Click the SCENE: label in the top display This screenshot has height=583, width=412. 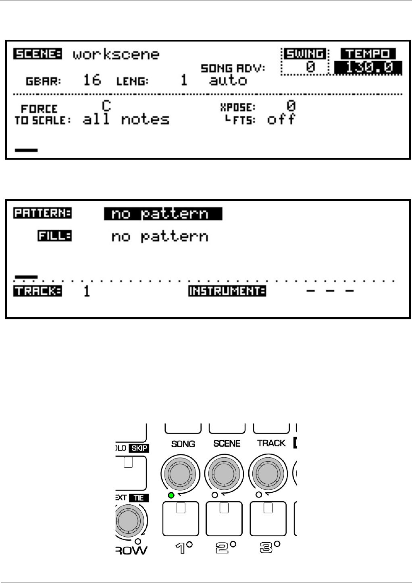(37, 54)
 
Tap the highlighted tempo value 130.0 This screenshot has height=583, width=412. (368, 68)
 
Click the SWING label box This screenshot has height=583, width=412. (305, 54)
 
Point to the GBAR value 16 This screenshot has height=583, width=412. (92, 80)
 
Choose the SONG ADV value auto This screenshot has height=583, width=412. (228, 80)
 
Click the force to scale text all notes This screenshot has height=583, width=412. (126, 119)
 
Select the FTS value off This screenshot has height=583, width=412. (281, 119)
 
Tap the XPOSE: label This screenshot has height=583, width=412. (238, 107)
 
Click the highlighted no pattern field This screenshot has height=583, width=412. (163, 214)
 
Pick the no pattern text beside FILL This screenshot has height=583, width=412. (160, 237)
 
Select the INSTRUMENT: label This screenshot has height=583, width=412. (227, 291)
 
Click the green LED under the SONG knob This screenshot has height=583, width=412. (171, 495)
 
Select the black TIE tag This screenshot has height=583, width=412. (139, 498)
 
